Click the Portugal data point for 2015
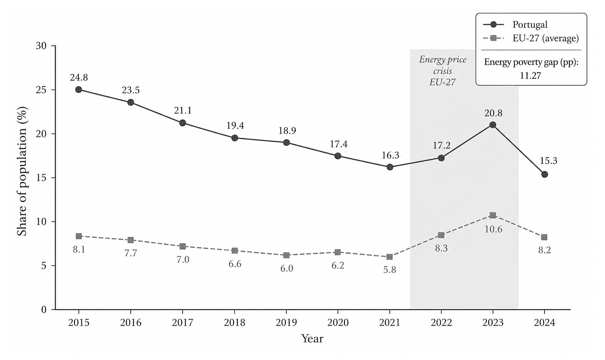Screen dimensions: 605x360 79,90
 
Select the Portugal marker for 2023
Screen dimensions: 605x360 493,125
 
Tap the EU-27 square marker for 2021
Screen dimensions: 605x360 390,257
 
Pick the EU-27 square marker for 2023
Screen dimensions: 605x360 493,215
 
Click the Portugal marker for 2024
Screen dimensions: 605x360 544,174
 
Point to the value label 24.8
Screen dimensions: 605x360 79,78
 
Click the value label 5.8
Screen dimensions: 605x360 390,270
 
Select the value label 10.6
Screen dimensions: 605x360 493,229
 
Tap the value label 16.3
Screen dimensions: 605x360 390,155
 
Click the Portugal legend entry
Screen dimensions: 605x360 515,24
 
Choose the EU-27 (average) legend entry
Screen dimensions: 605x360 531,39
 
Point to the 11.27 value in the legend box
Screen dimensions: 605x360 531,76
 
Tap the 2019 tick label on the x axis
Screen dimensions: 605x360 286,323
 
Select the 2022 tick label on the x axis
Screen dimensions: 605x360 441,323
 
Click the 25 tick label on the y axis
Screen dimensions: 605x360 41,90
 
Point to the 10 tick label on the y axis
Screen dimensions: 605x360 41,222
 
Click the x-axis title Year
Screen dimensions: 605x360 312,339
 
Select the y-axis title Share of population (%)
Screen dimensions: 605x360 22,172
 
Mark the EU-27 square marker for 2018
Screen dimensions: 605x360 235,251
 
